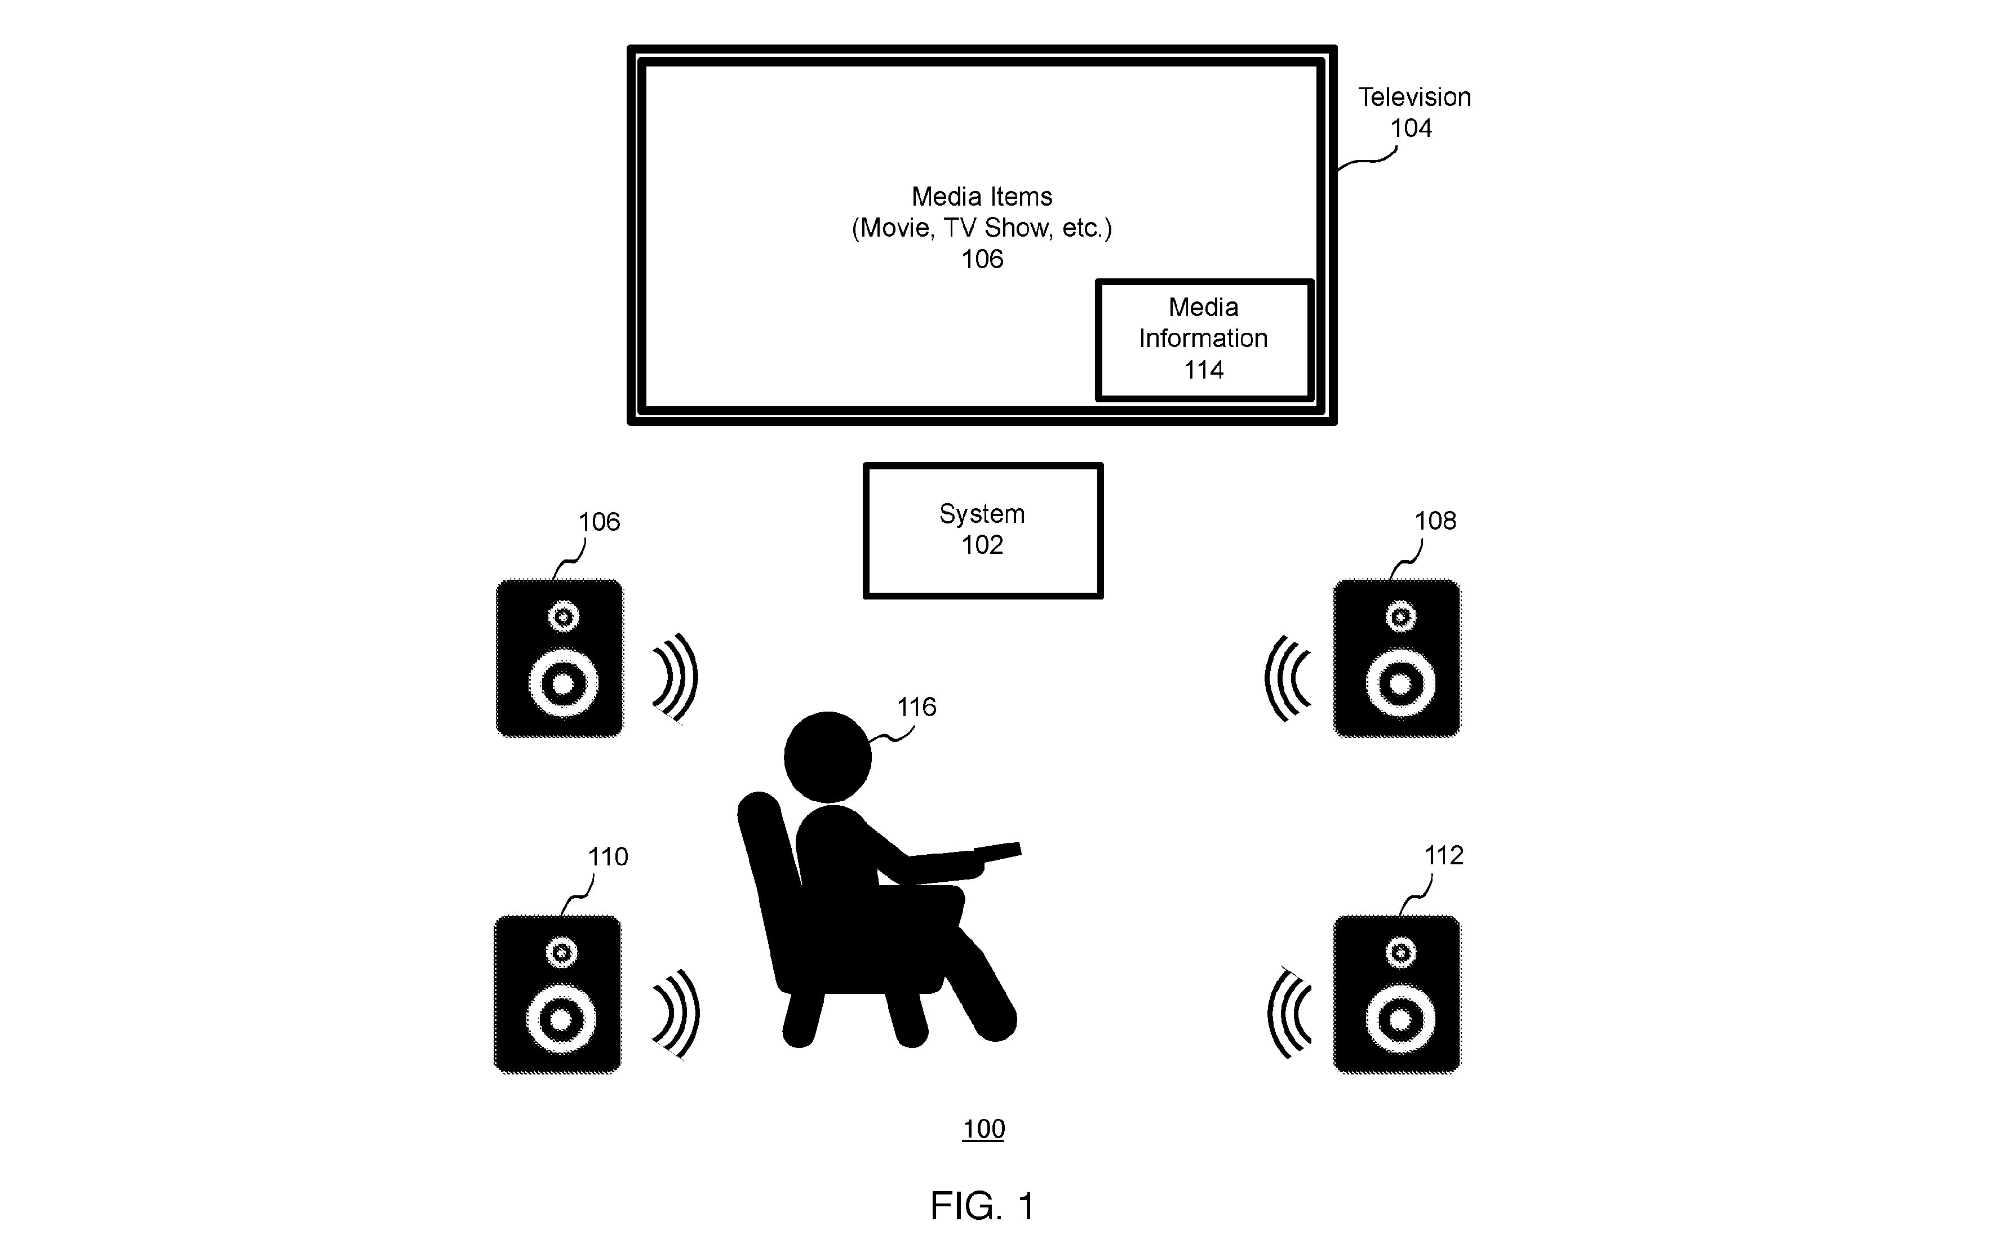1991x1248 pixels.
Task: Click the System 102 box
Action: [982, 530]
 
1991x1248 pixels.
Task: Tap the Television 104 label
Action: [1414, 112]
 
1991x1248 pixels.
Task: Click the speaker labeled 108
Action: [1396, 658]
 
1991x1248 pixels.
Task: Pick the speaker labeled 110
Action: [558, 994]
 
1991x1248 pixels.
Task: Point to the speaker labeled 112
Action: [1396, 994]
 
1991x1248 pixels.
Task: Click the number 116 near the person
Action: [916, 707]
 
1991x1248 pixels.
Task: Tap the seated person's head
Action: [827, 756]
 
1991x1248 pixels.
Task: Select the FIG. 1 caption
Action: [982, 1206]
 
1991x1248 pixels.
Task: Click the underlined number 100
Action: [983, 1129]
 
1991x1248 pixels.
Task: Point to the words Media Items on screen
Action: [982, 197]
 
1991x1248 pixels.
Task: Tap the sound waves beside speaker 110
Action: [677, 1014]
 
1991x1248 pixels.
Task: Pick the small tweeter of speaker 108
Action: [1401, 616]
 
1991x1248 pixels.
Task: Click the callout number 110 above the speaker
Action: [608, 857]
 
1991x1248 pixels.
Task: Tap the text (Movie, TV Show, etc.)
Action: [982, 228]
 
